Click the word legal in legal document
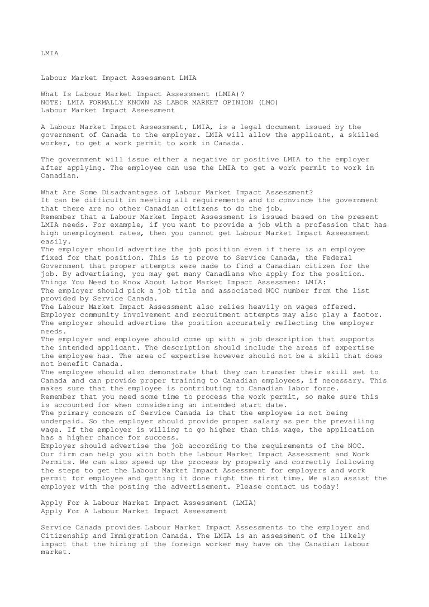[245, 127]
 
